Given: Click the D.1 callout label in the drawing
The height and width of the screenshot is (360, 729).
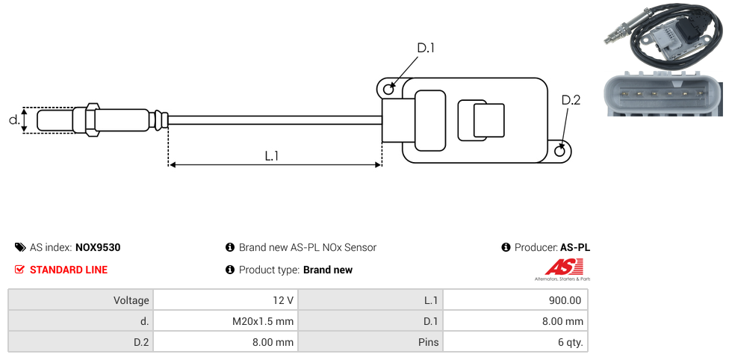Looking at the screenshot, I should click(x=425, y=48).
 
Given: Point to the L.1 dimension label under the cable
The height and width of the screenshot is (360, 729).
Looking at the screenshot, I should click(x=272, y=156).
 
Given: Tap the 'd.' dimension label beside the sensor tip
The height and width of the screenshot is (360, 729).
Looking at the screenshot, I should click(x=13, y=120).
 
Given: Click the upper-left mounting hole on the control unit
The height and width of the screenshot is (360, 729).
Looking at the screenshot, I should click(x=388, y=90).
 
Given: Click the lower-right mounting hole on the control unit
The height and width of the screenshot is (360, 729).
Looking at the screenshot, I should click(x=561, y=152).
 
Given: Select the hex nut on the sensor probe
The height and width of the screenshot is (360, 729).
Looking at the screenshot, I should click(x=92, y=120).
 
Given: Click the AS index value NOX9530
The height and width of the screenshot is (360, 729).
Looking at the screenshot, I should click(x=98, y=247).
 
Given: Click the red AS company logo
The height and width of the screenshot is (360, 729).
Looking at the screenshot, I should click(x=561, y=267).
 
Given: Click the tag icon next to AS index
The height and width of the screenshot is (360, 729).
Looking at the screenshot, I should click(x=20, y=247).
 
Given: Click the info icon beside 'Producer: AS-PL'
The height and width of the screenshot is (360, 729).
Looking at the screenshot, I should click(x=506, y=247).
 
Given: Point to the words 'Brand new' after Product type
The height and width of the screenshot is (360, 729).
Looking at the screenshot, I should click(x=328, y=270).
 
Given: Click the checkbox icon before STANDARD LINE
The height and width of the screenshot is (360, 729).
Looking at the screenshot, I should click(x=20, y=270).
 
